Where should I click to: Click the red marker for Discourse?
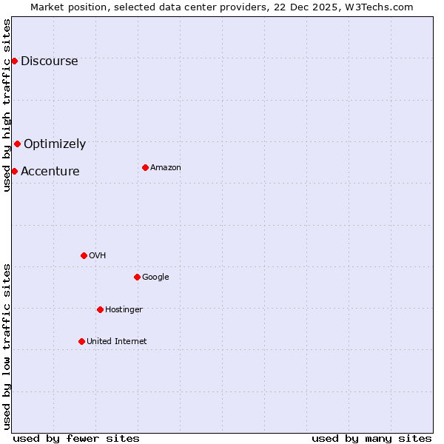point(14,61)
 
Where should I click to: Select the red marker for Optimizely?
point(17,144)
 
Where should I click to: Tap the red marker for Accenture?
point(14,171)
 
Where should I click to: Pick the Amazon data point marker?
point(145,167)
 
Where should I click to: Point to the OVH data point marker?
point(84,255)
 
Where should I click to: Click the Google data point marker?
point(137,277)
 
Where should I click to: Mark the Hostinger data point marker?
point(100,309)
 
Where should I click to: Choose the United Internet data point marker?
point(81,341)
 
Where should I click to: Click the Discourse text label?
point(49,61)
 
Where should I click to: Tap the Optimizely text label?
point(55,144)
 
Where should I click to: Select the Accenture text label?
point(50,172)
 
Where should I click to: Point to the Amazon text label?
point(166,168)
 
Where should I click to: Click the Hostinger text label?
point(124,310)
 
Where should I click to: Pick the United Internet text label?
point(116,342)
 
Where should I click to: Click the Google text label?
point(155,277)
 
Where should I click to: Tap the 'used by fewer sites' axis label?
point(76,438)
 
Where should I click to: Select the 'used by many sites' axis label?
point(371,438)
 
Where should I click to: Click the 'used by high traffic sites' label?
point(7,105)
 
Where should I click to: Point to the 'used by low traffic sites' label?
point(7,346)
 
